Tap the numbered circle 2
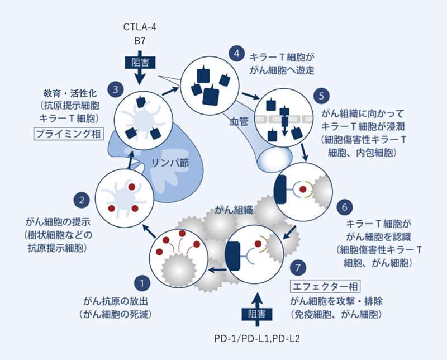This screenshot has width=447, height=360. coord(82,199)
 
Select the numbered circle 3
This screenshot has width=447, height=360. coord(115,88)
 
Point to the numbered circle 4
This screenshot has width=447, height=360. coord(237,54)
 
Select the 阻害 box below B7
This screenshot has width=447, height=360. coord(140,61)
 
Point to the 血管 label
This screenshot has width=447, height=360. coord(238,120)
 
